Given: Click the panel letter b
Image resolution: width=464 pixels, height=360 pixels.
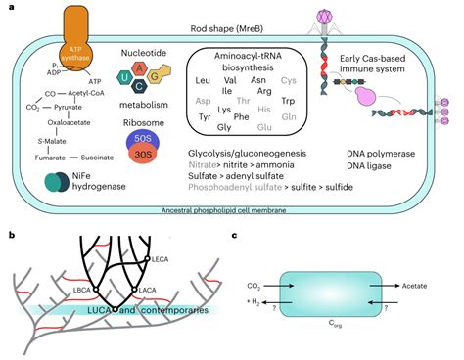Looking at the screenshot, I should point(11,234).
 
